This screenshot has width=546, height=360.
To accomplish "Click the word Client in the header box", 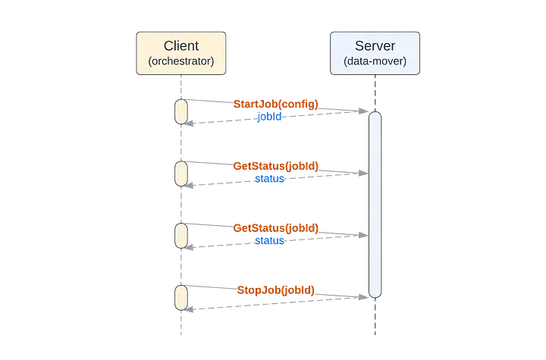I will pos(180,46).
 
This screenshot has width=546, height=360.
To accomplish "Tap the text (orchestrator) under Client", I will pos(180,61).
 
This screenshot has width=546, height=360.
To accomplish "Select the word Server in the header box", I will pos(375,46).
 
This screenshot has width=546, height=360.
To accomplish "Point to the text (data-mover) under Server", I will pos(375,61).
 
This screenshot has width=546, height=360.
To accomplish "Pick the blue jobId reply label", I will pos(269,118).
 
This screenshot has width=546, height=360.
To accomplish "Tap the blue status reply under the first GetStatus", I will pos(269,180).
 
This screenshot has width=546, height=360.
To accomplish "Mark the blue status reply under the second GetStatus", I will pos(269,242).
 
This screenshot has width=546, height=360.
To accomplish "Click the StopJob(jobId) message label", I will pos(276,290).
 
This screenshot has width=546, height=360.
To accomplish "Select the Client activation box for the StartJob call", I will pos(181,111).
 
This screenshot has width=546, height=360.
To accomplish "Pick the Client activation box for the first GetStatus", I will pos(181,173).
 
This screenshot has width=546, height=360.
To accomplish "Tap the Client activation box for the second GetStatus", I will pos(181,235).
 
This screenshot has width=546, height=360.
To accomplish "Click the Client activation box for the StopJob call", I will pos(181,297).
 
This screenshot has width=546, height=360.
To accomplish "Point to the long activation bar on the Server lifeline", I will pos(374,203).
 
